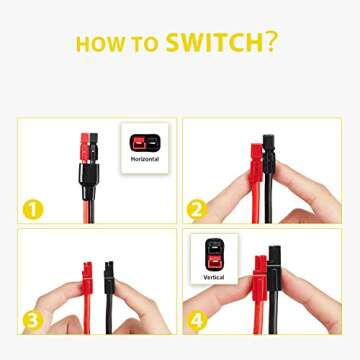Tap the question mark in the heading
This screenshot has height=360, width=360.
(271, 42)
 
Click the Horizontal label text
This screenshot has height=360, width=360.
(145, 159)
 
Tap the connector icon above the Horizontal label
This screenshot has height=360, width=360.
(145, 142)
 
